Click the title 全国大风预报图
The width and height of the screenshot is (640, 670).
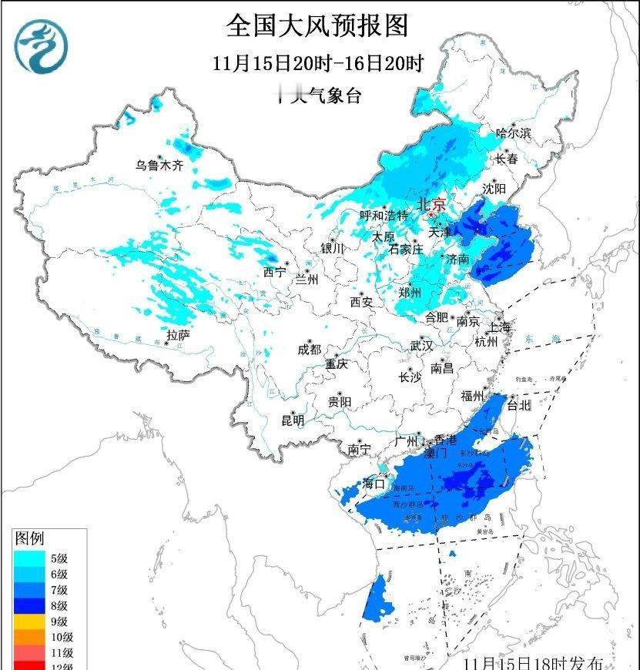coord(317,25)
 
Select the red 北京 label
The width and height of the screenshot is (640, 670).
coord(431,204)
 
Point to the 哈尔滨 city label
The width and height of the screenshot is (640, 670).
coord(514,133)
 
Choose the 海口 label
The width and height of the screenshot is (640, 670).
coord(374,484)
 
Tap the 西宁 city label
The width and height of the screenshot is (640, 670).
coord(273,272)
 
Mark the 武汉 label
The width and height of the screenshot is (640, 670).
coord(422,345)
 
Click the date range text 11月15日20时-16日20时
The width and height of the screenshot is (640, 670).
coord(318,63)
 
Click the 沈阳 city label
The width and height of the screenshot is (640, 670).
coord(494,188)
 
